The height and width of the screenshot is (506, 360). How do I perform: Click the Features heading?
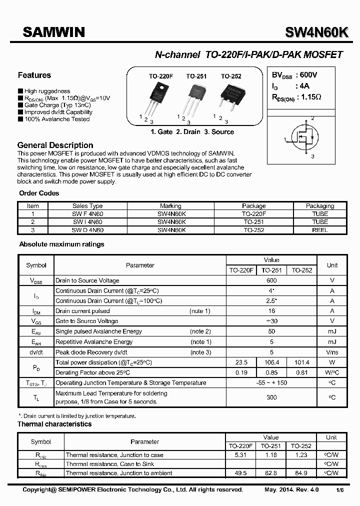coord(34,75)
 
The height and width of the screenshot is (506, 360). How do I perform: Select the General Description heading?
coord(55,145)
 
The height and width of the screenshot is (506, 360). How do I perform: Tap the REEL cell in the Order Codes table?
coord(319,230)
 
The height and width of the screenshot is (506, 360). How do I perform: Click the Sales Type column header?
coord(87,205)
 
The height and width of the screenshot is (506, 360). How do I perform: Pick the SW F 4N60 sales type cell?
coord(87,213)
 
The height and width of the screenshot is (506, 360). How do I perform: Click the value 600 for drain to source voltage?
coord(271,280)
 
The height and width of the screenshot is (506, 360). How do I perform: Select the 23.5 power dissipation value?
coord(241,362)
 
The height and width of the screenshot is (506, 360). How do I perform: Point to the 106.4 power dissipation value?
coord(272,362)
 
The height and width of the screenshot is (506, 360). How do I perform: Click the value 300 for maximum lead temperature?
coord(271,397)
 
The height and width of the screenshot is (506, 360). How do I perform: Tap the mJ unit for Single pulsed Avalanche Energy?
coord(332,331)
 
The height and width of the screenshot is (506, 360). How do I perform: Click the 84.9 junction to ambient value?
coord(301,472)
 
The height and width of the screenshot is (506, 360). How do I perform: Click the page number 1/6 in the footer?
coord(340,490)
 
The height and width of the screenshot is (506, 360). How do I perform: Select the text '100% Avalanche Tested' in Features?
coord(56,119)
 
